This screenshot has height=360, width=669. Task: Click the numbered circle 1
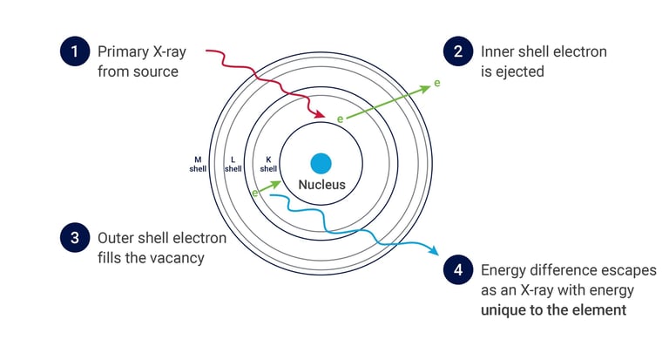pyautogui.click(x=75, y=51)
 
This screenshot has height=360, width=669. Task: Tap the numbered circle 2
pyautogui.click(x=456, y=51)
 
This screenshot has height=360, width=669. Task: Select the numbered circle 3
pyautogui.click(x=75, y=238)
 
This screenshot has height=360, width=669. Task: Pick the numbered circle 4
pyautogui.click(x=456, y=270)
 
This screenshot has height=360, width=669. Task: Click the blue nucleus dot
pyautogui.click(x=321, y=163)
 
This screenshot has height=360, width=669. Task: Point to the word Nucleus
pyautogui.click(x=321, y=185)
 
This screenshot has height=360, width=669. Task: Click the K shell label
pyautogui.click(x=268, y=164)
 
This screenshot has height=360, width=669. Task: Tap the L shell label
pyautogui.click(x=233, y=164)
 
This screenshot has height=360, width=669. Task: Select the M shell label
pyautogui.click(x=198, y=164)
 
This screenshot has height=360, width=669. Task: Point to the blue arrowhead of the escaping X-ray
pyautogui.click(x=434, y=252)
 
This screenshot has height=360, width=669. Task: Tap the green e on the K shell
pyautogui.click(x=340, y=117)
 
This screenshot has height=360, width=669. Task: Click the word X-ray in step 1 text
pyautogui.click(x=164, y=52)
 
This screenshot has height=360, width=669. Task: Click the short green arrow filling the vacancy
pyautogui.click(x=269, y=187)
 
